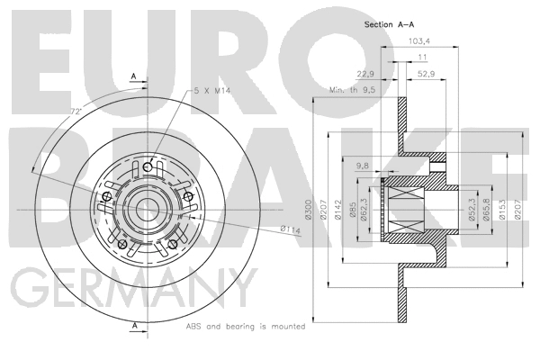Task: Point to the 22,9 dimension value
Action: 365,74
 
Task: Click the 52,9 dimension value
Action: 426,74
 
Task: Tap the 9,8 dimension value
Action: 363,166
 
